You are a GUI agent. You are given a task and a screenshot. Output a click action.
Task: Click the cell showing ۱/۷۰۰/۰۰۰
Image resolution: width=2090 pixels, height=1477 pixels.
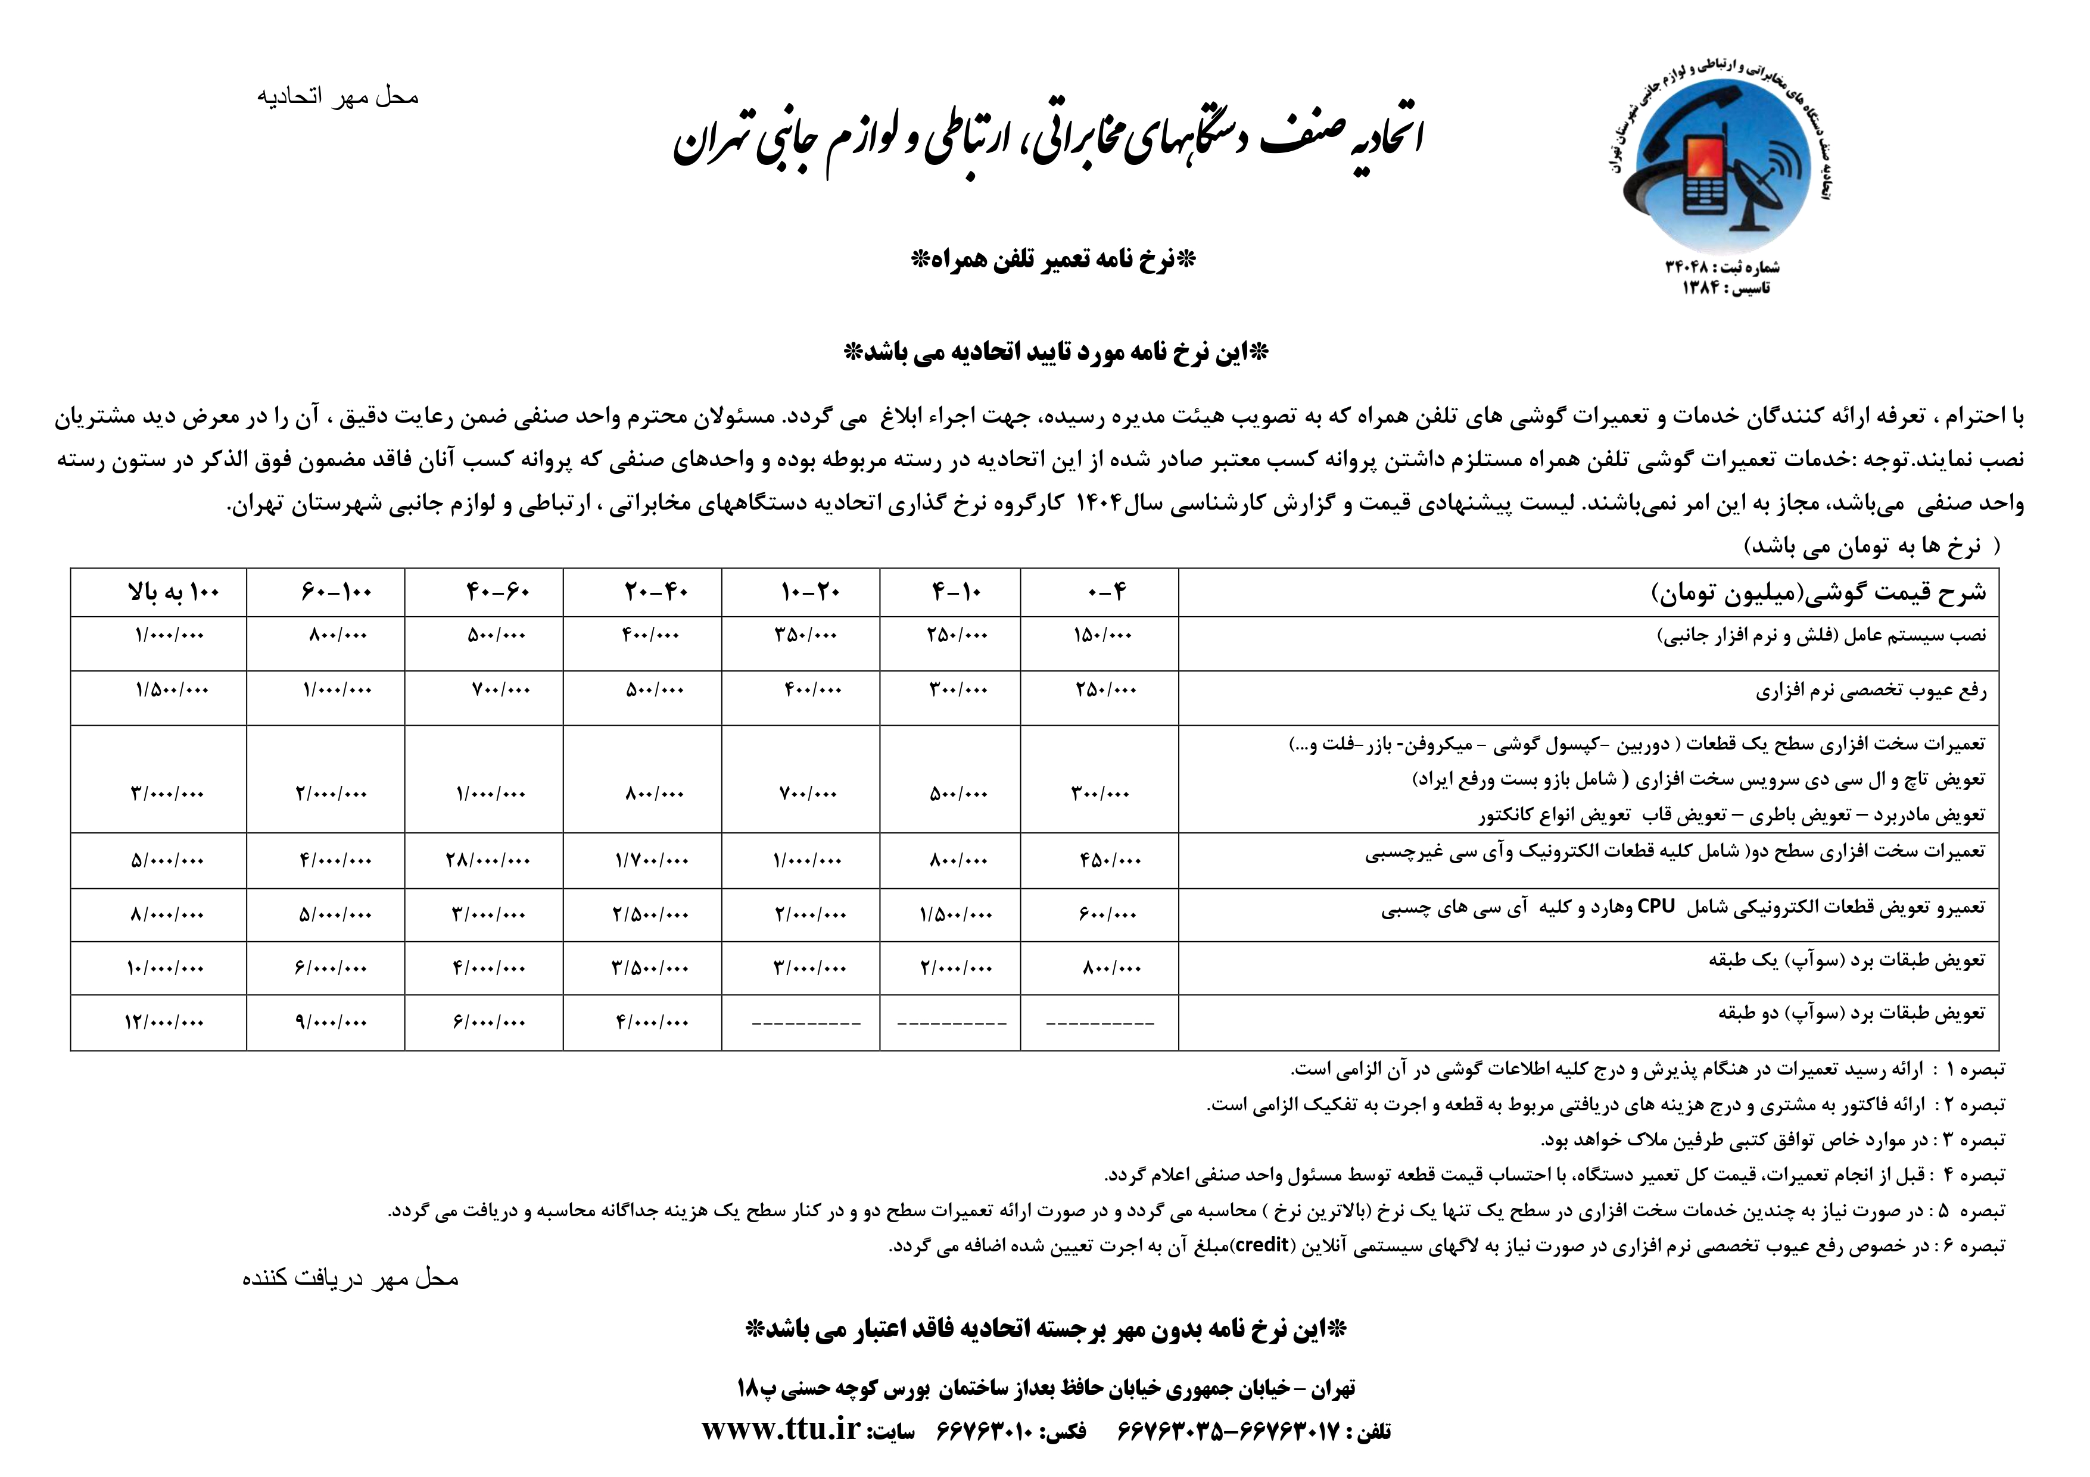[652, 859]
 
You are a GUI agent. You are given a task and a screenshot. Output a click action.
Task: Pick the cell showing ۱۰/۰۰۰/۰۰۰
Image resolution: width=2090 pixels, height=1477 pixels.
[165, 968]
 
